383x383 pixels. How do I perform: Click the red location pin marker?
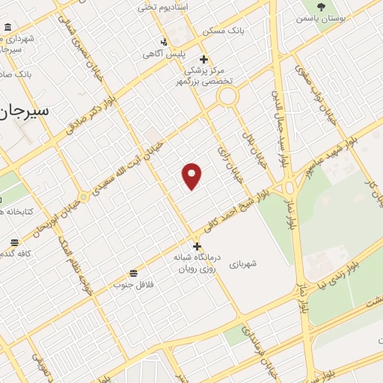point(192,176)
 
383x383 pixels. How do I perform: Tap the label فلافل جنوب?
point(133,284)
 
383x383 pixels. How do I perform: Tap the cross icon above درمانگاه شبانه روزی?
point(197,246)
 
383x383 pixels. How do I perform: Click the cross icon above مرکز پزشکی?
point(204,59)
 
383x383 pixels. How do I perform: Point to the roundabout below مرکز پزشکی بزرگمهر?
point(228,96)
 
